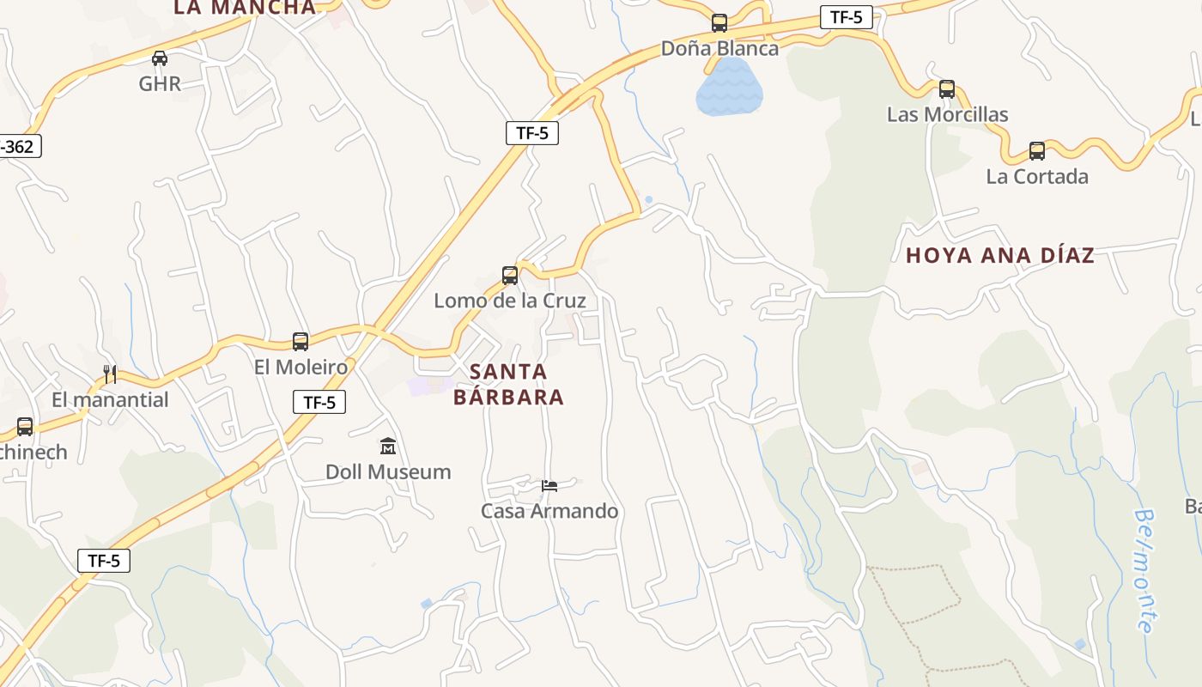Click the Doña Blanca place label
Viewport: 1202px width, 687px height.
719,48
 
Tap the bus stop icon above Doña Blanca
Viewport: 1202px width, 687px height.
719,23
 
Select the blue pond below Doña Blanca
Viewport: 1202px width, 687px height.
729,88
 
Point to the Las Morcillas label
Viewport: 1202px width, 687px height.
947,114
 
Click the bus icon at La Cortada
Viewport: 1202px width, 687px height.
1037,151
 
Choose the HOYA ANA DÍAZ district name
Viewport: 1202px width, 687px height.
1000,255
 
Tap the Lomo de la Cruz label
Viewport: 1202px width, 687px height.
510,301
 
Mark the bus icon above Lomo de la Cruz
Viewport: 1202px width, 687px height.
510,276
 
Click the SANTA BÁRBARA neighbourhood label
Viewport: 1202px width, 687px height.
508,384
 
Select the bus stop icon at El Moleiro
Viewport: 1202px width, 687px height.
300,342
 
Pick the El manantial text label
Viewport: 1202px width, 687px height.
110,399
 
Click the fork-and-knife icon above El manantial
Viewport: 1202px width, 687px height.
110,374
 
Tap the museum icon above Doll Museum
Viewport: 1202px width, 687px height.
388,447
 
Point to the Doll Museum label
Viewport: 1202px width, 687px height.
388,471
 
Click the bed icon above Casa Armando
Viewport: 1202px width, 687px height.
549,486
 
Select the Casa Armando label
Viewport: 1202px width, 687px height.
549,511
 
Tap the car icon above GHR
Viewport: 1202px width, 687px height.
160,58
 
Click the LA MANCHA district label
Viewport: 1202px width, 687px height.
245,8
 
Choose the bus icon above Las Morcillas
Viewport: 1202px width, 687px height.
947,89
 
